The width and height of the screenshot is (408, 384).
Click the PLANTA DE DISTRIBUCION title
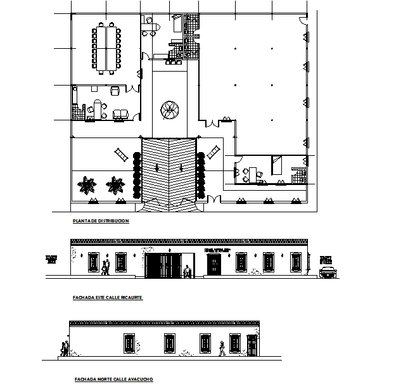click(x=101, y=221)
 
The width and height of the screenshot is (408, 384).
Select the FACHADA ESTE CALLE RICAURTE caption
click(x=108, y=297)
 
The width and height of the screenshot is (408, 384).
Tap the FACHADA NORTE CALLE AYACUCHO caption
click(x=113, y=379)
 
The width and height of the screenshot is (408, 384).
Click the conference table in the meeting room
click(x=106, y=48)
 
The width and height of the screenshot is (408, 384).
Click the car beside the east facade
click(x=327, y=272)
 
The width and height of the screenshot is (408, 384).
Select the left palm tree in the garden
click(x=86, y=186)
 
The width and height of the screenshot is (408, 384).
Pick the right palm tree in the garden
click(x=115, y=186)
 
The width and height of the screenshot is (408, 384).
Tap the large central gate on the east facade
click(x=163, y=265)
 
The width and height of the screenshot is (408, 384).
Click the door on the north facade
click(x=252, y=345)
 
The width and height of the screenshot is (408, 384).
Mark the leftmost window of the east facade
click(x=94, y=262)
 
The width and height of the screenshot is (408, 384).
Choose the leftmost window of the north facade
click(x=129, y=343)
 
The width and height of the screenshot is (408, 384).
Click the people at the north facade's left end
click(x=64, y=349)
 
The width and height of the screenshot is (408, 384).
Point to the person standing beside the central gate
click(x=187, y=271)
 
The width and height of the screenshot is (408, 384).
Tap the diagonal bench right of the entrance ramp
click(x=214, y=152)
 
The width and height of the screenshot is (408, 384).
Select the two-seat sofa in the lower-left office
click(x=119, y=115)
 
